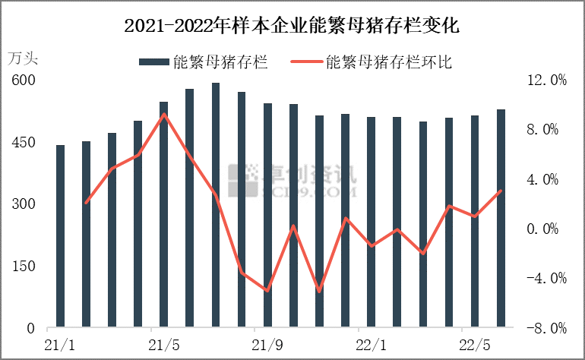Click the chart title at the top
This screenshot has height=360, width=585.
point(292,26)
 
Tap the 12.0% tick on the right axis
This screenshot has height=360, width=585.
point(547,81)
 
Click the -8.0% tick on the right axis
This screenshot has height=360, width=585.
point(547,329)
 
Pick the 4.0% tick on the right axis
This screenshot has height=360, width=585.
point(547,180)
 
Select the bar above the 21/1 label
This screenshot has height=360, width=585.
point(61,235)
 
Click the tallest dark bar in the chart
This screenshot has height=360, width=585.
point(216,205)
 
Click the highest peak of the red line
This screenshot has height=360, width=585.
point(164,115)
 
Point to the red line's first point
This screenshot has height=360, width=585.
point(87,203)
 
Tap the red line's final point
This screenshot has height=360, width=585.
point(501,191)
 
